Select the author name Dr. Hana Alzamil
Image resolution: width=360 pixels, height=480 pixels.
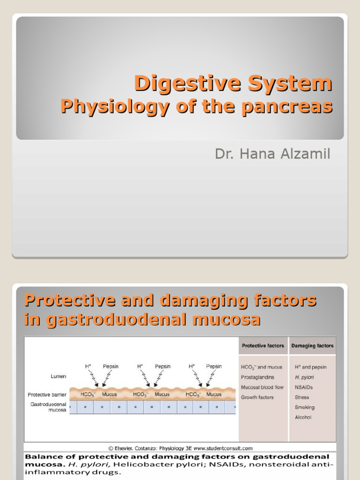tap(272, 154)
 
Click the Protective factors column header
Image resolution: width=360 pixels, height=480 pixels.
tap(262, 346)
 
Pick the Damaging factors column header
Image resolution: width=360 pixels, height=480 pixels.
tap(313, 346)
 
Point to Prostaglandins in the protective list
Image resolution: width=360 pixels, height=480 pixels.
tap(257, 377)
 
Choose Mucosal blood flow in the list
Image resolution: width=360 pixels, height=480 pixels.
tap(262, 388)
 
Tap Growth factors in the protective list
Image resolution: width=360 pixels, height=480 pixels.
tap(257, 397)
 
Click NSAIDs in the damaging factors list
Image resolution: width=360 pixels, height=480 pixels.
tap(304, 388)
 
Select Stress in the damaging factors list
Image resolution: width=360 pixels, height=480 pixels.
tap(302, 397)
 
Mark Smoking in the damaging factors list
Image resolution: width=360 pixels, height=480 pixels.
tap(305, 407)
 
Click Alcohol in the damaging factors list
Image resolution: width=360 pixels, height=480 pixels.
tap(303, 417)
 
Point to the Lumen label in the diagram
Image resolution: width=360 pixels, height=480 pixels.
tap(59, 376)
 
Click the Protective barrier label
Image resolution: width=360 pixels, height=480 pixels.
tap(47, 395)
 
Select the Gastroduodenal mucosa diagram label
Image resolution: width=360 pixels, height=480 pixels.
tap(49, 406)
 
